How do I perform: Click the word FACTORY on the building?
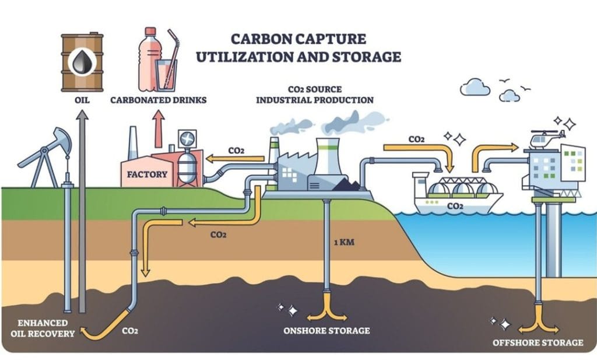coord(148,174)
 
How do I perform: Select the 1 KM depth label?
coord(344,241)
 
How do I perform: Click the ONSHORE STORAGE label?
coord(326,331)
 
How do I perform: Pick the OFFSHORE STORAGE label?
coord(538,342)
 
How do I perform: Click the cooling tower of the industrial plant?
coord(328,158)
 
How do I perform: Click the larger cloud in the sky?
coord(475,88)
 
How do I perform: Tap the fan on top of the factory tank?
coord(188,138)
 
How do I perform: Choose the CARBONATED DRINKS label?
coord(159,99)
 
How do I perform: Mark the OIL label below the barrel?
coord(82,99)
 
